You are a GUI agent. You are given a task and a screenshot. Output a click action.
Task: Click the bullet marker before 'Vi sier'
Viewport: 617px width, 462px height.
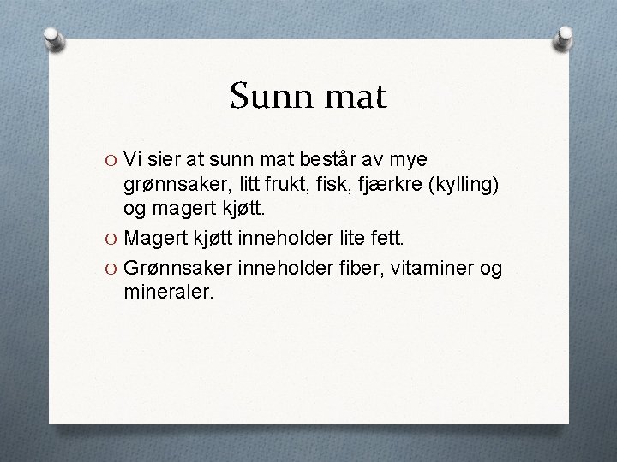click(111, 160)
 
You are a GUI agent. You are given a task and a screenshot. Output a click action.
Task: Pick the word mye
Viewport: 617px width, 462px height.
click(414, 160)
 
